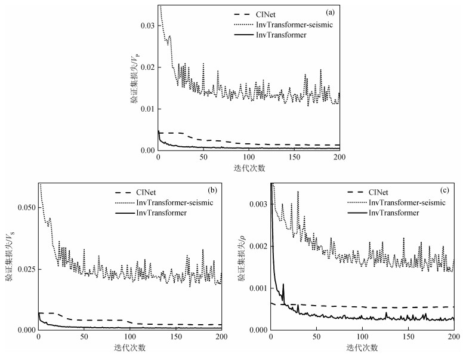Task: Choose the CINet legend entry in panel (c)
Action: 378,192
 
